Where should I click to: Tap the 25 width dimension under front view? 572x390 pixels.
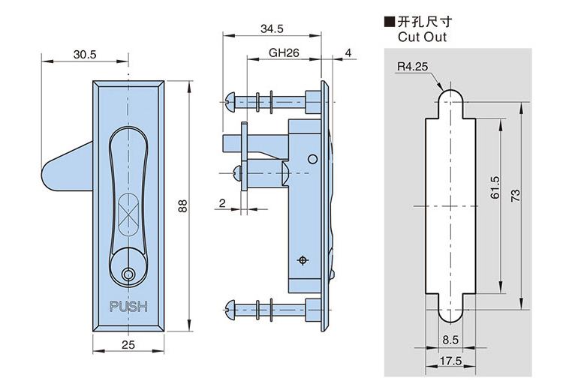128,344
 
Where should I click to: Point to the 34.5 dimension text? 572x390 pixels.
271,29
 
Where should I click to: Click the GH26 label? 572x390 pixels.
284,55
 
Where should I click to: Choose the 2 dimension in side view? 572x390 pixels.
223,203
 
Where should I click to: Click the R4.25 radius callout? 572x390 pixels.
412,67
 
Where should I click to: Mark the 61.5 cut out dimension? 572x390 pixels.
493,187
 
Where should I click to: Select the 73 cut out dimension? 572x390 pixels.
515,195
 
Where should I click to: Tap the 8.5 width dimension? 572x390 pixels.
450,340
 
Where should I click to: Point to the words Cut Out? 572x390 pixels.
417,37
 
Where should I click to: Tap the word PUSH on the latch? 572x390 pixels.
128,307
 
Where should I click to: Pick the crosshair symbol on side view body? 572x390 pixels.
303,260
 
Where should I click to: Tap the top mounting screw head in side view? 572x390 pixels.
230,100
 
